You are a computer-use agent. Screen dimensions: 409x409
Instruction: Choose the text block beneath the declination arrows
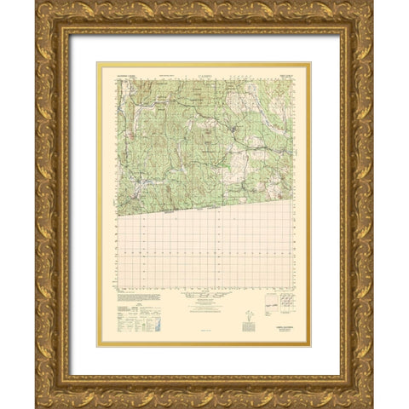246,331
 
